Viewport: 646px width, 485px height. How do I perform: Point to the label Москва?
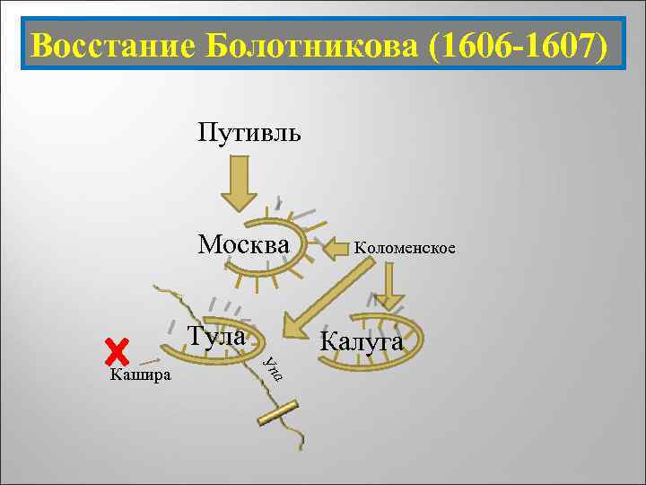point(244,244)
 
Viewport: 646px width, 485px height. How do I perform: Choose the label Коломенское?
point(404,247)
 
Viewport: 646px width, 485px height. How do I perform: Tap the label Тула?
point(217,337)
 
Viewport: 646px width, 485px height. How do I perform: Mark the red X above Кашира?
point(117,353)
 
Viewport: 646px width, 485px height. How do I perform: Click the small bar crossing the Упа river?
point(277,412)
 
